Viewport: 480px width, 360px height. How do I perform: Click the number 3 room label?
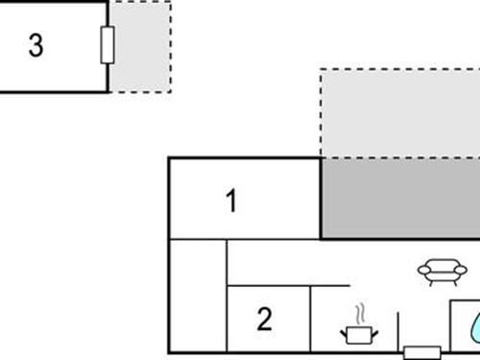coord(36,46)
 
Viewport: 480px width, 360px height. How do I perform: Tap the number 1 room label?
coord(230,202)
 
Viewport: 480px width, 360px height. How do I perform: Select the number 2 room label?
coord(265,319)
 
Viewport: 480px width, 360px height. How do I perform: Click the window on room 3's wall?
coord(108,44)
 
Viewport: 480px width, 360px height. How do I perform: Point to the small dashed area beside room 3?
coord(141,46)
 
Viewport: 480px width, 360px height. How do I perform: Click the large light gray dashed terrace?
coord(398,113)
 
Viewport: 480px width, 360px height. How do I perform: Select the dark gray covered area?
coord(399,198)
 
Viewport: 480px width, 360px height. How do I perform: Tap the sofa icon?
coord(442,273)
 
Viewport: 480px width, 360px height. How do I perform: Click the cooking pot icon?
coord(360,333)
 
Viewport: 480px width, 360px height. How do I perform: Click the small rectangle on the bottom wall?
coord(421,352)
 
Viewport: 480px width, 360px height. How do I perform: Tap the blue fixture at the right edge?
coord(475,326)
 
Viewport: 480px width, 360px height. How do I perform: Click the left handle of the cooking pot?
coord(344,331)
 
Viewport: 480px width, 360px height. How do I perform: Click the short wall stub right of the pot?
coord(397,330)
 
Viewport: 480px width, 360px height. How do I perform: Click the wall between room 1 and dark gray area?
coord(320,198)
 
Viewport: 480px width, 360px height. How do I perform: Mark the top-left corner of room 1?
coord(170,158)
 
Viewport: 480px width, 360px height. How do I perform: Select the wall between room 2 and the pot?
coord(310,319)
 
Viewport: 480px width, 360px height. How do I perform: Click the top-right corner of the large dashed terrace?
coord(478,69)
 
